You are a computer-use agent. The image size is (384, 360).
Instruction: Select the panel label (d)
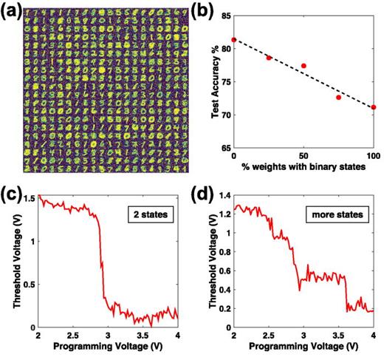205,195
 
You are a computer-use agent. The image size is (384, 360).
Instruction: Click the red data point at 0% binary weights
233,40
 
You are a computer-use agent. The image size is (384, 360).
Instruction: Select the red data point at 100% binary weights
374,107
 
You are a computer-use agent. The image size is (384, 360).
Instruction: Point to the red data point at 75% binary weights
339,97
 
